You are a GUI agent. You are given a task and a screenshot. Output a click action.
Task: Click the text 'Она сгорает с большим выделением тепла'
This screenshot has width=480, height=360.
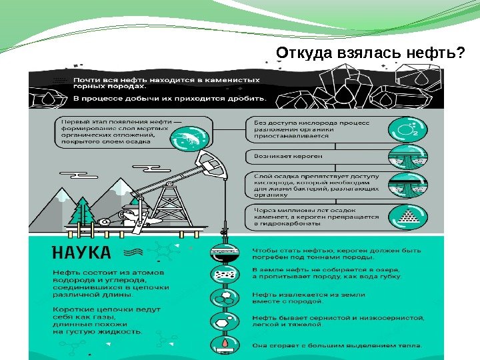pos(337,345)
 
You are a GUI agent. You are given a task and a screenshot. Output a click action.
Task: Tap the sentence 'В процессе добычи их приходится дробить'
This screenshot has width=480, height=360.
pos(170,98)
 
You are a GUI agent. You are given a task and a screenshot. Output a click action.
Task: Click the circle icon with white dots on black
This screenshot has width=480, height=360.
pos(225,275)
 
